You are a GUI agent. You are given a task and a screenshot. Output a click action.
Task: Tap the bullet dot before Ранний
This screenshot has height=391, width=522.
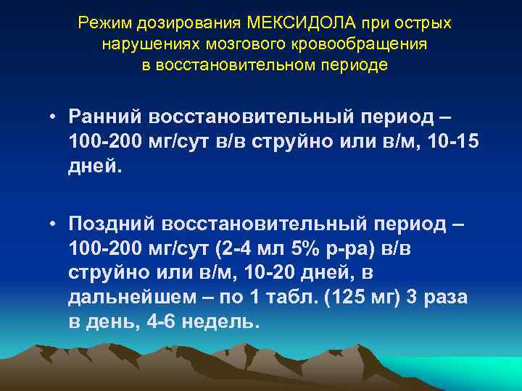pos(54,117)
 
